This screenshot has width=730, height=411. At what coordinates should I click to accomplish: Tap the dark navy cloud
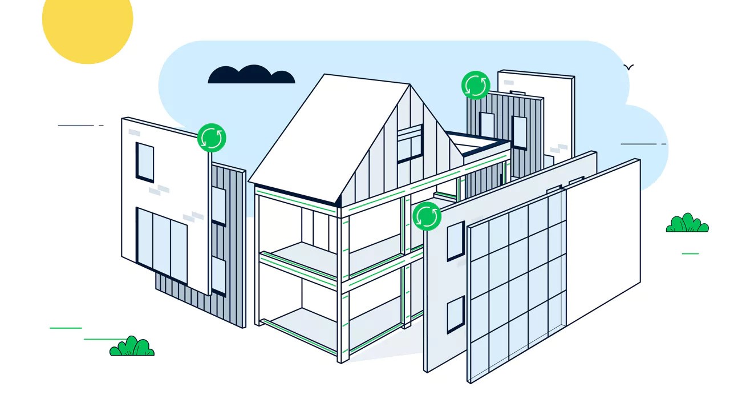251,76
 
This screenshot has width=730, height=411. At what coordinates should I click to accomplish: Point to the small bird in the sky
628,67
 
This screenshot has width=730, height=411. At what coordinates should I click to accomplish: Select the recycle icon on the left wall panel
212,138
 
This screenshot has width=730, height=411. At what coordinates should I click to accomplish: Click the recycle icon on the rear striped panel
476,86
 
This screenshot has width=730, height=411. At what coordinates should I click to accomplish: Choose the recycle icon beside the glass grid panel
427,216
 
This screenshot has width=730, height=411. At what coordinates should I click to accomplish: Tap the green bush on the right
687,224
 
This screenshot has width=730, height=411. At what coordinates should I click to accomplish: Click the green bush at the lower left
132,347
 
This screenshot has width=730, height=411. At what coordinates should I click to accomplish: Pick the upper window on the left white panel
144,162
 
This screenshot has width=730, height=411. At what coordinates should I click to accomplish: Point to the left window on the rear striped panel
487,124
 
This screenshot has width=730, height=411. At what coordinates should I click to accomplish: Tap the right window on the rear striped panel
520,132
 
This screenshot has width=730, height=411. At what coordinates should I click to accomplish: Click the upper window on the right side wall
455,240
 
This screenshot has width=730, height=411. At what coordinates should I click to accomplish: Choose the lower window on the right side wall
455,315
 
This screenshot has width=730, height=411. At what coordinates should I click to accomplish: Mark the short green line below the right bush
690,253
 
